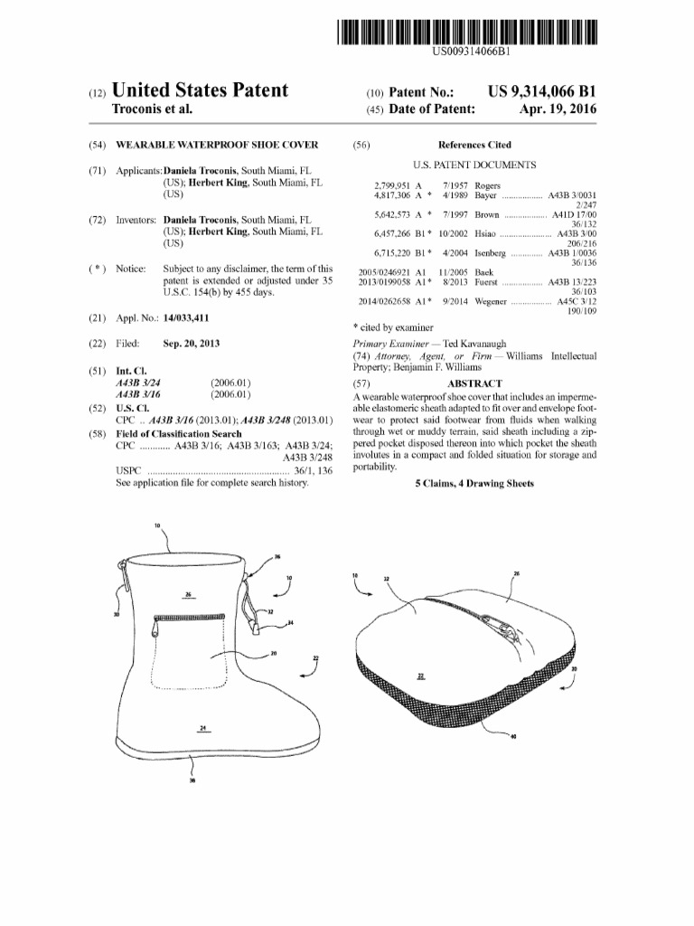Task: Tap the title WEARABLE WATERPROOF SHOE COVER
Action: pyautogui.click(x=217, y=145)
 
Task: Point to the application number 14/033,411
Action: pyautogui.click(x=186, y=318)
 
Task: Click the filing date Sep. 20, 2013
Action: pyautogui.click(x=191, y=344)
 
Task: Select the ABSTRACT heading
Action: pyautogui.click(x=474, y=383)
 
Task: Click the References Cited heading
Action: pyautogui.click(x=474, y=145)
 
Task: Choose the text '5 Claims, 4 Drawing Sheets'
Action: pyautogui.click(x=474, y=484)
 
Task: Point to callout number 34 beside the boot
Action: pyautogui.click(x=289, y=623)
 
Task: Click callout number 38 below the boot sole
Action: pyautogui.click(x=192, y=782)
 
